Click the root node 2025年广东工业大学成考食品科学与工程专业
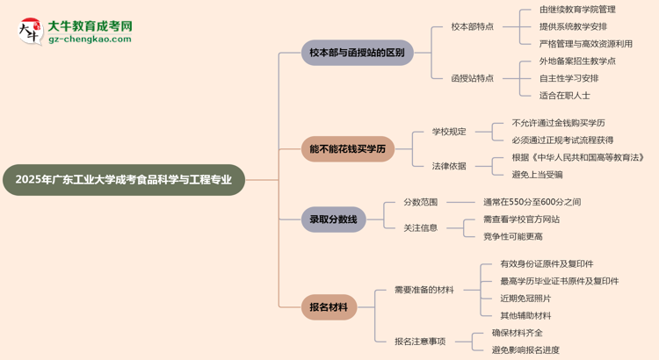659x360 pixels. click(x=124, y=179)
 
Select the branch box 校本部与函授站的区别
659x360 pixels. click(x=357, y=53)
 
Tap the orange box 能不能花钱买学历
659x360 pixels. click(x=347, y=148)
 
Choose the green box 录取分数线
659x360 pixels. click(x=332, y=220)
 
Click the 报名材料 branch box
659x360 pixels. click(x=329, y=306)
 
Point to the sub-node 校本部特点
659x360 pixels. click(x=472, y=27)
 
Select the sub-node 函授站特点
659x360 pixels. click(x=472, y=78)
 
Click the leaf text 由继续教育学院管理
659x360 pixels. click(x=577, y=10)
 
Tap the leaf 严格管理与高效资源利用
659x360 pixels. click(x=585, y=44)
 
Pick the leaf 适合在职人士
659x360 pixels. click(x=564, y=95)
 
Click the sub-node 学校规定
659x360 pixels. click(x=449, y=132)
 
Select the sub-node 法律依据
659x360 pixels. click(x=449, y=166)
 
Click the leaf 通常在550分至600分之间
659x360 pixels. click(x=532, y=202)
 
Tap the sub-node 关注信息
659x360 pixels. click(x=420, y=227)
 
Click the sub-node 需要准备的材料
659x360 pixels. click(x=424, y=290)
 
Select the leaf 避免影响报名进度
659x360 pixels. click(x=525, y=349)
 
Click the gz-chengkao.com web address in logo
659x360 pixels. click(x=91, y=39)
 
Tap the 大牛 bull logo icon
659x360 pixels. click(x=28, y=32)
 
